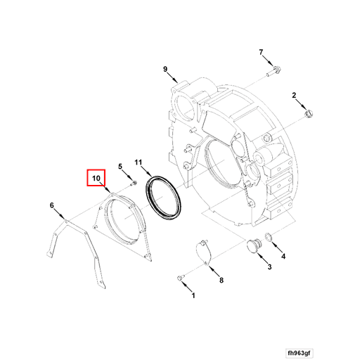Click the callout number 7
(x=261, y=52)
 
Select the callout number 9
(x=165, y=69)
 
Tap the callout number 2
(x=294, y=96)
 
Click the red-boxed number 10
(x=96, y=179)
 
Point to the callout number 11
(x=139, y=162)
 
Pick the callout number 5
(x=120, y=167)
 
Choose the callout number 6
(x=52, y=205)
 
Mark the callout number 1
(x=193, y=295)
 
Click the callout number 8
(x=221, y=280)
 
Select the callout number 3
(x=269, y=266)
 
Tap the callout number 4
(x=283, y=257)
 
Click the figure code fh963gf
(x=300, y=353)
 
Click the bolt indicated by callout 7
(x=274, y=71)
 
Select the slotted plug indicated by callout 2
(x=309, y=114)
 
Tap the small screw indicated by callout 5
(x=133, y=184)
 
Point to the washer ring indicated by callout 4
(x=268, y=237)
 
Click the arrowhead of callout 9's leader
(x=176, y=82)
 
